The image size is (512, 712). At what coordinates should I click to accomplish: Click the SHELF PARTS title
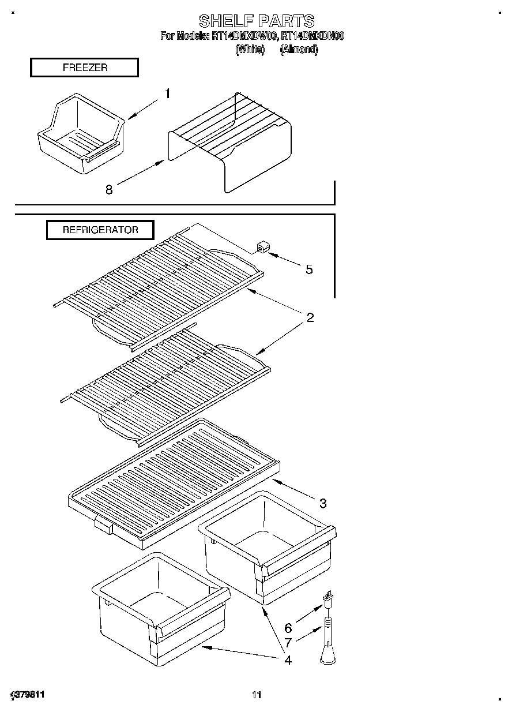[x=257, y=21]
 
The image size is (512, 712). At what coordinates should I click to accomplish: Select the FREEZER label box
[x=84, y=68]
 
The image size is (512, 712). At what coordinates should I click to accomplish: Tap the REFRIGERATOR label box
[x=100, y=230]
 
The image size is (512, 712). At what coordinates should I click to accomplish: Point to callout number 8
[x=108, y=189]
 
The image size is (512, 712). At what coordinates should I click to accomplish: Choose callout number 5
[x=309, y=269]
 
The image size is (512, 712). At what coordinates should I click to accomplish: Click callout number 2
[x=310, y=317]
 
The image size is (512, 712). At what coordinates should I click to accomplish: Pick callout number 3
[x=323, y=503]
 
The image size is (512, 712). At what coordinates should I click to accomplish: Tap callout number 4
[x=288, y=659]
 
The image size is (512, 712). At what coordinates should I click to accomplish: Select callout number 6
[x=288, y=628]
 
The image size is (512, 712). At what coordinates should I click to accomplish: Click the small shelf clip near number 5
[x=263, y=248]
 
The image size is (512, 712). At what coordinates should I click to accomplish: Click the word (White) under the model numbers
[x=249, y=50]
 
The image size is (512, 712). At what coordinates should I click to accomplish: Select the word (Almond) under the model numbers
[x=299, y=50]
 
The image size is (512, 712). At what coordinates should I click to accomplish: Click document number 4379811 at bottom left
[x=27, y=695]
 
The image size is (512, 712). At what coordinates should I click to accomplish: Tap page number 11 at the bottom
[x=257, y=695]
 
